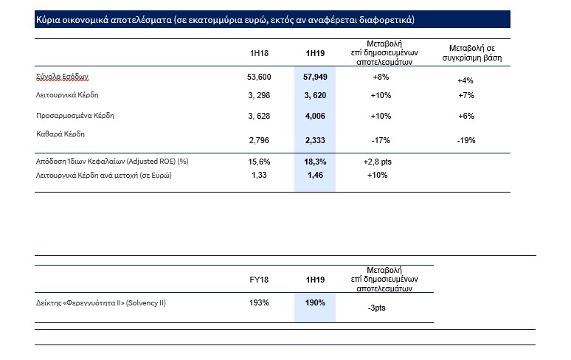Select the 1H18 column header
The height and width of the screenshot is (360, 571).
click(x=259, y=54)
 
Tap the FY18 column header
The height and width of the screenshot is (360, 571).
click(x=259, y=280)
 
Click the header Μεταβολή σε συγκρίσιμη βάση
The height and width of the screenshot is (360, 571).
click(x=466, y=54)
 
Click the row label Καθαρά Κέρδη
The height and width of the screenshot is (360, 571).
click(x=59, y=134)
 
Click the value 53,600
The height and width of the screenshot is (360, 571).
click(x=259, y=77)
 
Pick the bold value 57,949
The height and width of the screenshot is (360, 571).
click(x=315, y=77)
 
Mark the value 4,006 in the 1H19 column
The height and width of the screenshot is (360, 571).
click(x=315, y=116)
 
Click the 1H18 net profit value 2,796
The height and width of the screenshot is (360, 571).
click(x=259, y=139)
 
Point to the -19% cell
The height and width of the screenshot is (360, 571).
click(x=466, y=139)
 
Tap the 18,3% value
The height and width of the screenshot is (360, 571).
click(x=315, y=161)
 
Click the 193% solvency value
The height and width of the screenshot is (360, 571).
click(x=259, y=302)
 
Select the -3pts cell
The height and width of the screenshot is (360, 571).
click(x=376, y=308)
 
